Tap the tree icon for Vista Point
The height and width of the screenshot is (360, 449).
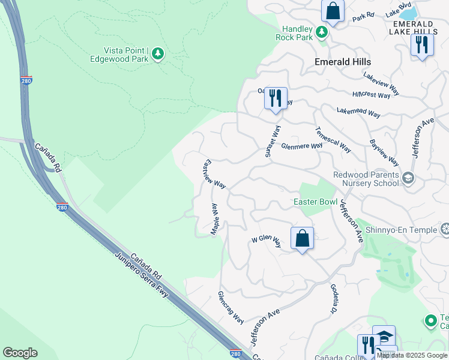pos(158,54)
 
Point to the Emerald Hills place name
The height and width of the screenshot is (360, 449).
pos(343,62)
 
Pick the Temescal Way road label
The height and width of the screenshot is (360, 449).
pos(333,139)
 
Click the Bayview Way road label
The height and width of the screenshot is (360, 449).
pos(384,153)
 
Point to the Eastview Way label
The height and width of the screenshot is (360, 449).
pos(215,175)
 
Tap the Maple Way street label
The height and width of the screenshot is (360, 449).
pos(215,219)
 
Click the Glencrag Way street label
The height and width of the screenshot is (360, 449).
pos(231,307)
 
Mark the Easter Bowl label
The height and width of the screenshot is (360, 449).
pos(315,202)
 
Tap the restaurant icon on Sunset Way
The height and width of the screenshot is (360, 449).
pos(276,98)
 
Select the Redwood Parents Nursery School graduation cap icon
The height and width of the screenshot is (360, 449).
pos(408,177)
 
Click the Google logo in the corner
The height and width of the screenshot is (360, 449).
pos(20,353)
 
